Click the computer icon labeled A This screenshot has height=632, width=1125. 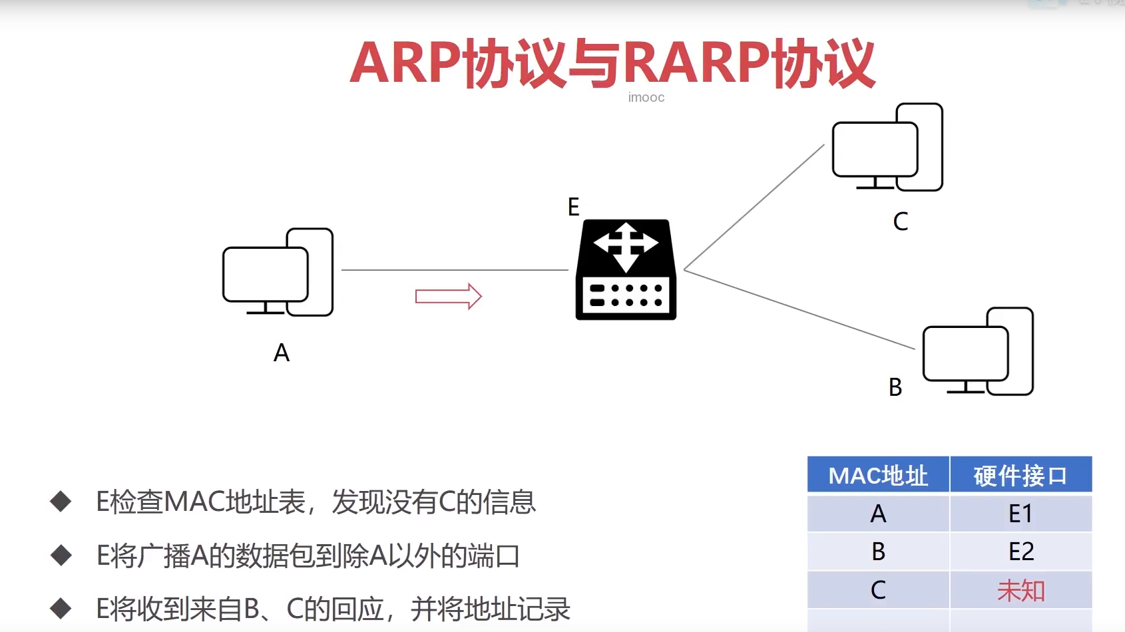[x=278, y=272]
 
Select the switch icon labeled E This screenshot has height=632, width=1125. [x=626, y=270]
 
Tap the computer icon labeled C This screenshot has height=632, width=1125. [x=887, y=148]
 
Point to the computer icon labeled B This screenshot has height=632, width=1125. [x=978, y=351]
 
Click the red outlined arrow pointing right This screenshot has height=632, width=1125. [x=448, y=296]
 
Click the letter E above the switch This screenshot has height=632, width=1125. [x=573, y=207]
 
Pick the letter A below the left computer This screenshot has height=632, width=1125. [x=282, y=353]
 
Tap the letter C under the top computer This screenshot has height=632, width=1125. [x=900, y=222]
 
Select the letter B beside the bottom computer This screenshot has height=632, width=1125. [x=895, y=387]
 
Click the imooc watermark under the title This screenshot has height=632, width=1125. [x=646, y=98]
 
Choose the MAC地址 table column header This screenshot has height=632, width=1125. [x=878, y=476]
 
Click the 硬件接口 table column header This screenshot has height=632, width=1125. [x=1020, y=476]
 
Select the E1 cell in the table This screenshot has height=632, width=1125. [x=1020, y=514]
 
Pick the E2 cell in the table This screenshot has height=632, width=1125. [x=1020, y=552]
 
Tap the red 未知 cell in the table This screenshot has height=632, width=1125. [x=1020, y=590]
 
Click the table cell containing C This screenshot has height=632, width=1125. [x=878, y=590]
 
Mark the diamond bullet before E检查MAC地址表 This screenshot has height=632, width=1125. [x=61, y=502]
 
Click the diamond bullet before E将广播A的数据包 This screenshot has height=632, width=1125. [x=61, y=555]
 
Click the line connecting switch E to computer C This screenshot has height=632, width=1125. [x=754, y=208]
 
